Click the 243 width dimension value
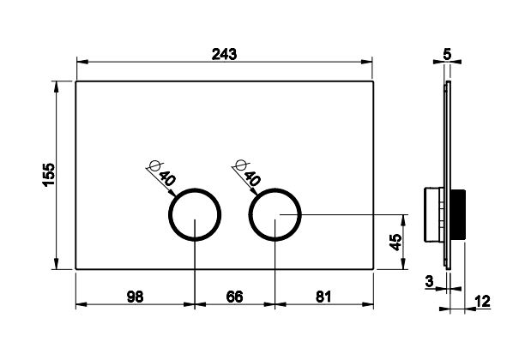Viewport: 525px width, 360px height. pyautogui.click(x=224, y=54)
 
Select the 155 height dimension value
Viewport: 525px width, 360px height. pyautogui.click(x=49, y=174)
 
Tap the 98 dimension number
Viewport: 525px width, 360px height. pyautogui.click(x=136, y=297)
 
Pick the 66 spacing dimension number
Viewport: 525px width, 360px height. pyautogui.click(x=234, y=297)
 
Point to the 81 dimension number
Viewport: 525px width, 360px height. pyautogui.click(x=323, y=297)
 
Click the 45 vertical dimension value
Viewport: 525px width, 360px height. pyautogui.click(x=395, y=243)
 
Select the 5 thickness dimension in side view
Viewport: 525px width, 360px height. pyautogui.click(x=447, y=54)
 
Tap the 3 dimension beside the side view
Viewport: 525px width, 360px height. pyautogui.click(x=429, y=281)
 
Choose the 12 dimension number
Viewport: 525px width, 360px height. pyautogui.click(x=482, y=301)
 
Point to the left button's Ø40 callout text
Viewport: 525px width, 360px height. pyautogui.click(x=162, y=173)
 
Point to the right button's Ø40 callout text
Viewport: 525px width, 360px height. pyautogui.click(x=248, y=173)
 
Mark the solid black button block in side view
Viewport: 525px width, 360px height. pyautogui.click(x=458, y=214)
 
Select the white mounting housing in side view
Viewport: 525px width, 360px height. pyautogui.click(x=434, y=214)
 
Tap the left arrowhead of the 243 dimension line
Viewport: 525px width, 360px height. pyautogui.click(x=82, y=62)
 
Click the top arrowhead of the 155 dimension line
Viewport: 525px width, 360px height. pyautogui.click(x=57, y=87)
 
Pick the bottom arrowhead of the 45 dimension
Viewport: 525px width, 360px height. pyautogui.click(x=404, y=264)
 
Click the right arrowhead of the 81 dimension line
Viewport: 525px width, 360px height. pyautogui.click(x=368, y=304)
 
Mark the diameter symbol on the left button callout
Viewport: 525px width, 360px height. pyautogui.click(x=155, y=165)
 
